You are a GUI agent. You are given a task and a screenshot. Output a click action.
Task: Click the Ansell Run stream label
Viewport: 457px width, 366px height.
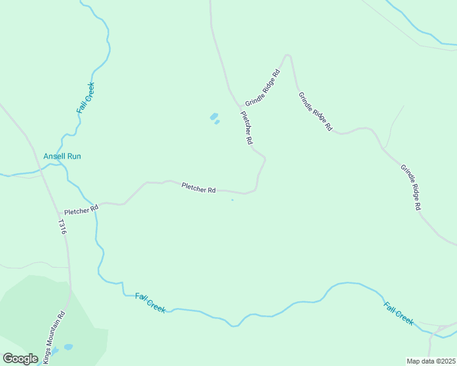click(62, 156)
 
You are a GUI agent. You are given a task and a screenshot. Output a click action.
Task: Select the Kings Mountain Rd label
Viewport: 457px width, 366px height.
click(54, 339)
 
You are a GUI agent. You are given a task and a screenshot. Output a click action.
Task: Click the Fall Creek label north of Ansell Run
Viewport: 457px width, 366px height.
click(86, 98)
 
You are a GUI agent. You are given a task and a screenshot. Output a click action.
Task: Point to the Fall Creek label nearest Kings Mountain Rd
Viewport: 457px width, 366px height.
click(150, 303)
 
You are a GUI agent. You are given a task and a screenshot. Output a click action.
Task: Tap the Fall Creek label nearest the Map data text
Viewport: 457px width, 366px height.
click(398, 313)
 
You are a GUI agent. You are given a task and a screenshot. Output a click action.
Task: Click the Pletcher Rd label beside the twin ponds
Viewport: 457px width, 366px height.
click(246, 127)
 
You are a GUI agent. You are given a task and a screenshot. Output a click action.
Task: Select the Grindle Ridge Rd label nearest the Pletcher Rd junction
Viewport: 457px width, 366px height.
click(263, 88)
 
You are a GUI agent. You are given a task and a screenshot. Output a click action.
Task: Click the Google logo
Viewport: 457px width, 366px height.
click(20, 359)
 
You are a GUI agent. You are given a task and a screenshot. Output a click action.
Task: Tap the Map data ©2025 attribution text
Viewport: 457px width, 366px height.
click(431, 361)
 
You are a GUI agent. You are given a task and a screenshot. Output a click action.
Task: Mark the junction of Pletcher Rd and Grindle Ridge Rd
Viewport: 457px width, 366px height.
click(239, 108)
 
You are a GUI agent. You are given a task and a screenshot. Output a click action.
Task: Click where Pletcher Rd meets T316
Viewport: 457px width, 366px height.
click(53, 213)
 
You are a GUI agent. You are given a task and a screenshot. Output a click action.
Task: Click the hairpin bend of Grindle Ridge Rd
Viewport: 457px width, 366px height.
click(287, 56)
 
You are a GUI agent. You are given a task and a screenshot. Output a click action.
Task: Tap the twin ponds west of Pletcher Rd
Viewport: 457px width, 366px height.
click(214, 118)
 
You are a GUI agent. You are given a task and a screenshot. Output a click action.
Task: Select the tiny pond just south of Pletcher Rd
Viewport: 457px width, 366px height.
click(232, 199)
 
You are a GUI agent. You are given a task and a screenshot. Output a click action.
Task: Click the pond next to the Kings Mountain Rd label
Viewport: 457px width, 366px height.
click(68, 347)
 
